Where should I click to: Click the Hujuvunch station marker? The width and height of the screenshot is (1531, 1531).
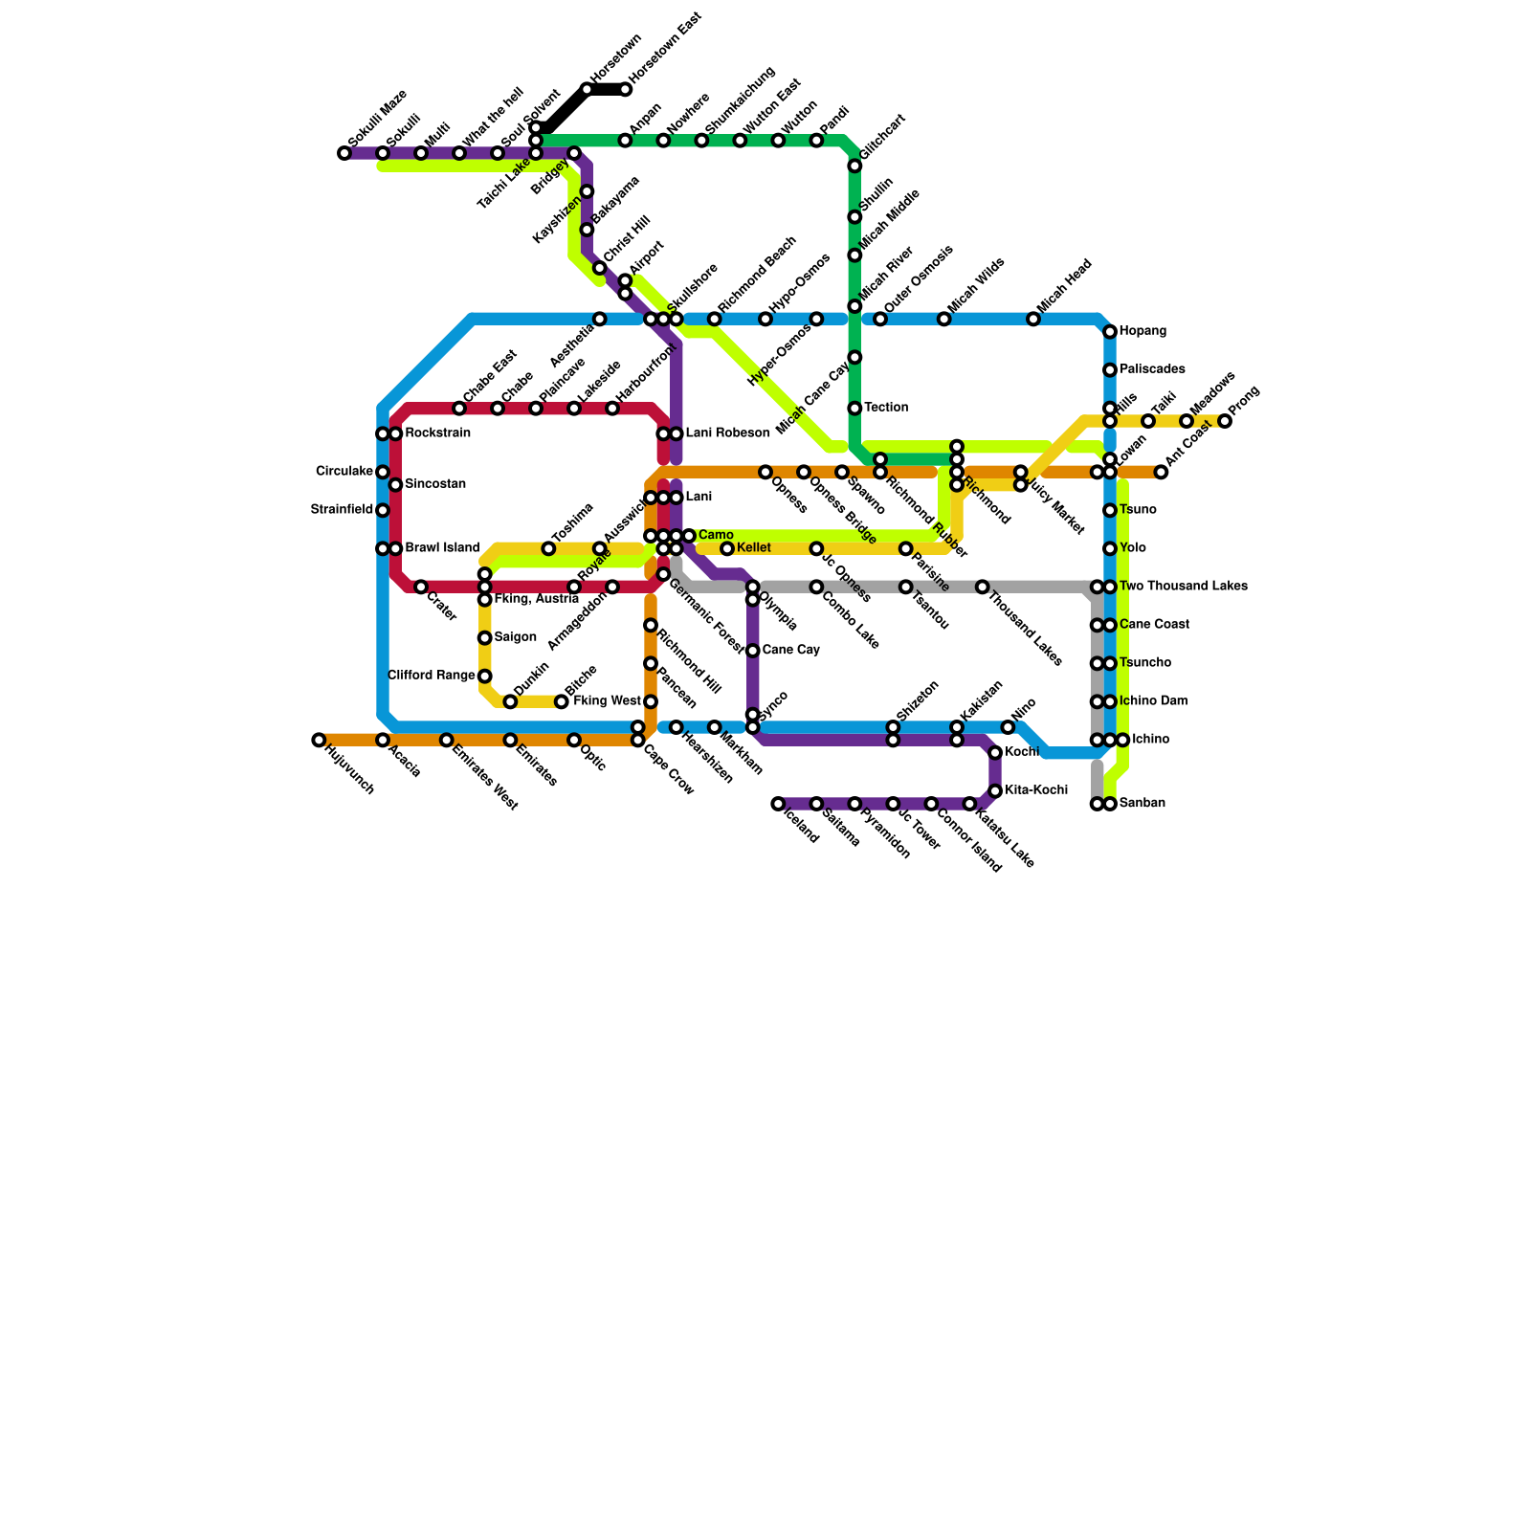click(x=319, y=741)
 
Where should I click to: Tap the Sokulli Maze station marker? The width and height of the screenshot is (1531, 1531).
click(x=344, y=153)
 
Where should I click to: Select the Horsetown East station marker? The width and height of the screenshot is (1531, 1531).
click(x=626, y=90)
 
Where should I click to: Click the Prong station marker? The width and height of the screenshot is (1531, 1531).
click(x=1225, y=422)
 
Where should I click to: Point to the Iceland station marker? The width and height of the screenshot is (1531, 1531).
click(x=778, y=805)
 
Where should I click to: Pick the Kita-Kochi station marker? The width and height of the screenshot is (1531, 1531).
click(x=995, y=791)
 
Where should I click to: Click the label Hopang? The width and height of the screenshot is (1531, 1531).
click(x=1143, y=332)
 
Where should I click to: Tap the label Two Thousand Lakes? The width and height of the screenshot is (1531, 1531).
click(x=1183, y=587)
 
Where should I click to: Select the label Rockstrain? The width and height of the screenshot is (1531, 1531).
click(x=437, y=434)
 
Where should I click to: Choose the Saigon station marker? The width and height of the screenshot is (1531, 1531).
click(x=485, y=638)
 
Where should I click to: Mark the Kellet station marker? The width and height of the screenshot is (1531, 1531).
click(x=727, y=549)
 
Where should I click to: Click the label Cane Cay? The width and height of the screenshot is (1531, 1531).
click(x=790, y=651)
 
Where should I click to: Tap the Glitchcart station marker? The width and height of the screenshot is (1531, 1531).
click(x=854, y=166)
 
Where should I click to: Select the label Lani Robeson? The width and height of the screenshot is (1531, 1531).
click(x=727, y=434)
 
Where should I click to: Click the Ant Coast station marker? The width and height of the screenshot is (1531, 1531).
click(x=1161, y=473)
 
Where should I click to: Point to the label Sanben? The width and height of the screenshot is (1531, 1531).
click(x=1143, y=804)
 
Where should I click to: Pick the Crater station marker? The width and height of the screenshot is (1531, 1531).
click(x=421, y=587)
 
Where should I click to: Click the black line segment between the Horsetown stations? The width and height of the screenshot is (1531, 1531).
click(x=607, y=90)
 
